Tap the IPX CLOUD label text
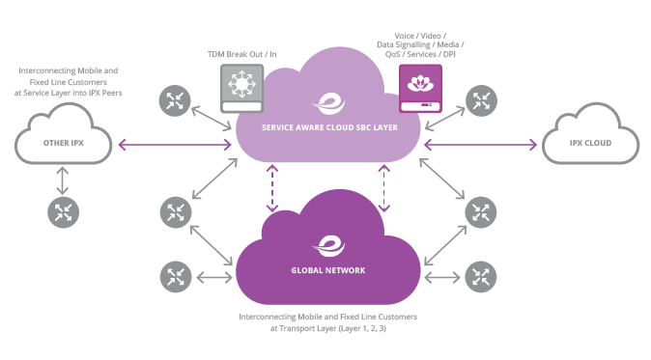589,144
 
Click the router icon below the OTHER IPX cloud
64,210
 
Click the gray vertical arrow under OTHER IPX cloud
64,179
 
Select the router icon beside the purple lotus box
480,98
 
